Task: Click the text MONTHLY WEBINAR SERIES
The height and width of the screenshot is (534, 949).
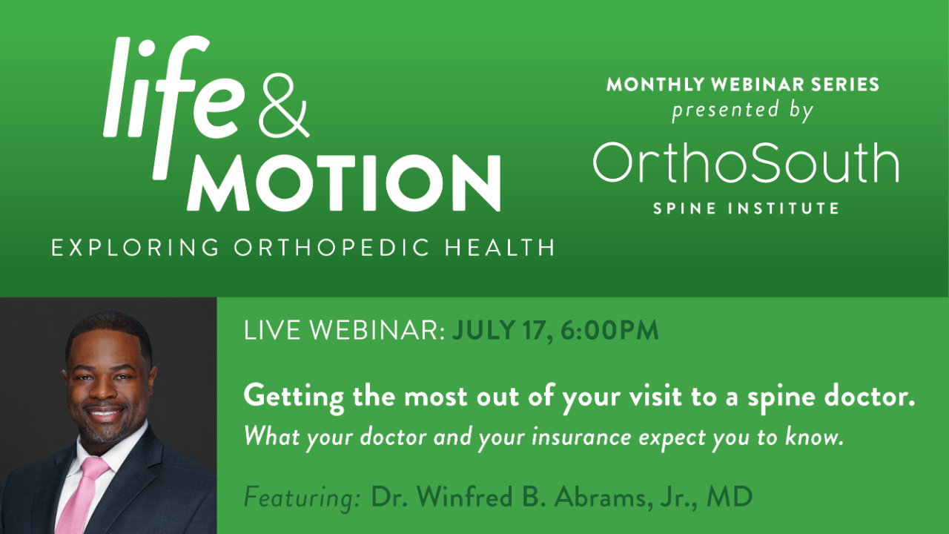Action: coord(743,85)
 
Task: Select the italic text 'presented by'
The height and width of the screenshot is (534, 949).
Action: coord(743,111)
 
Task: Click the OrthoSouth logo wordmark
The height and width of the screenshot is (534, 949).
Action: coord(745,163)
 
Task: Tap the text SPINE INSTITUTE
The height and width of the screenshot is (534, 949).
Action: coord(746,208)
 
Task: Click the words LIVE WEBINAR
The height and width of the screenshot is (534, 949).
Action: coord(343,330)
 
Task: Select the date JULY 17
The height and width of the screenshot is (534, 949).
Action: coord(498,330)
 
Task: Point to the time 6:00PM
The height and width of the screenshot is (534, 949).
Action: coord(609,330)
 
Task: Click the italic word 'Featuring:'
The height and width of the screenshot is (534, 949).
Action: coord(302,497)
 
